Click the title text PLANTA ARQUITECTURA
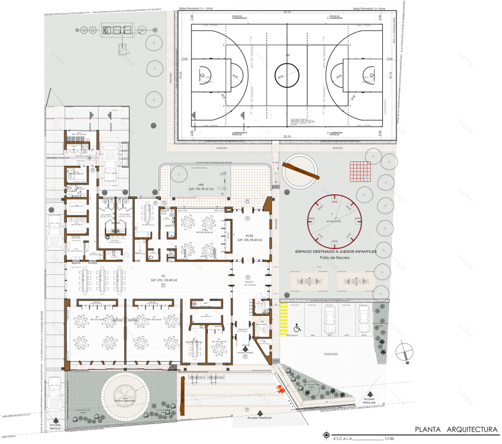(455, 429)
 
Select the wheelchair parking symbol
(297, 328)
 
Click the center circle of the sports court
(288, 72)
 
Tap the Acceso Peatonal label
(260, 418)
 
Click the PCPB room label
(249, 235)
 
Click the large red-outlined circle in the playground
(335, 218)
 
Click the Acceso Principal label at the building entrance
(246, 352)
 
